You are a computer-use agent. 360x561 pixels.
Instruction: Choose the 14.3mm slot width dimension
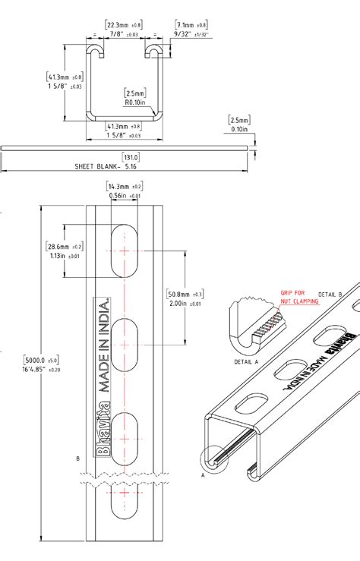[120, 186]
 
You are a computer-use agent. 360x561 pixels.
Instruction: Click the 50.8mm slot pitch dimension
[181, 294]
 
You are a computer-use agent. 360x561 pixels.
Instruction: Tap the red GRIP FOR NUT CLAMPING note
[298, 297]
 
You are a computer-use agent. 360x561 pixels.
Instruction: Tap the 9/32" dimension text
[186, 34]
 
